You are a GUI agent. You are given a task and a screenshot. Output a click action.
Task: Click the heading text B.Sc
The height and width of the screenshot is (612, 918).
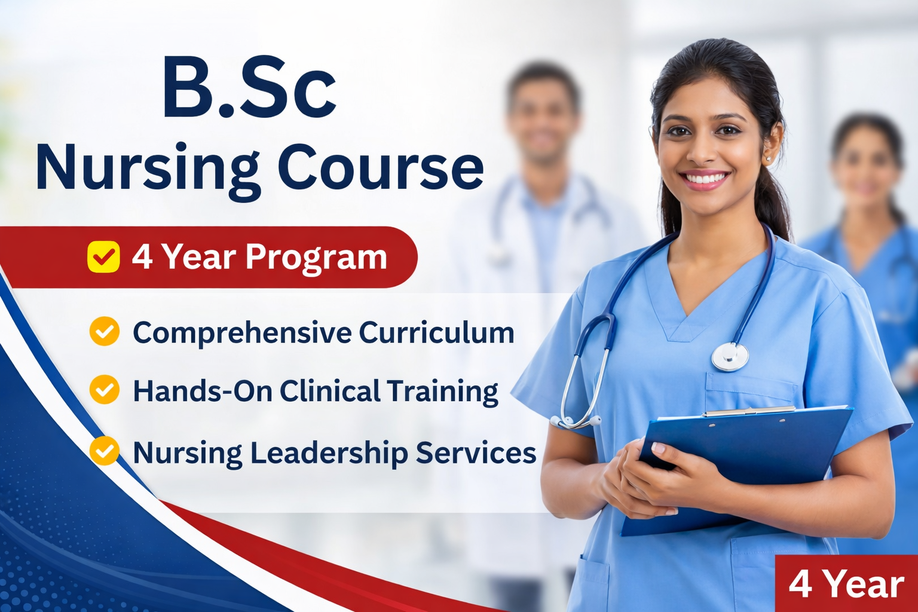click(x=249, y=88)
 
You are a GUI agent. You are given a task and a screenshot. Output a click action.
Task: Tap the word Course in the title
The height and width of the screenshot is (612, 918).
click(x=381, y=166)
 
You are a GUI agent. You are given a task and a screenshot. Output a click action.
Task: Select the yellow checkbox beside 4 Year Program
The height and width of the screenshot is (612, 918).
click(x=103, y=257)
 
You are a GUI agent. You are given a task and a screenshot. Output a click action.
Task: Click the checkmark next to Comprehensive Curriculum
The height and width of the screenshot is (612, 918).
click(x=105, y=331)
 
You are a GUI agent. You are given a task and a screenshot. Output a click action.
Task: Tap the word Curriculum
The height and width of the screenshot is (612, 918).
click(x=436, y=332)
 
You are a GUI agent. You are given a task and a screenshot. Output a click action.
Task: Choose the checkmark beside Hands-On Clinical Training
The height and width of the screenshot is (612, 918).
click(x=105, y=390)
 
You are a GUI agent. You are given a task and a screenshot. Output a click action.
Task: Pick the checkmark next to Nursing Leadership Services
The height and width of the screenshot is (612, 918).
click(x=105, y=451)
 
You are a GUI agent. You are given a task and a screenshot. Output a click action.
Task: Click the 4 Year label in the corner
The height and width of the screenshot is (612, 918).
click(x=846, y=584)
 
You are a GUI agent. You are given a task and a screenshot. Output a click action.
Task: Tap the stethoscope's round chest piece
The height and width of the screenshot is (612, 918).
click(x=730, y=357)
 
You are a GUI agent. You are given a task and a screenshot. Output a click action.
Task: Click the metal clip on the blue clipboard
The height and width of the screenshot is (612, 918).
click(x=748, y=411)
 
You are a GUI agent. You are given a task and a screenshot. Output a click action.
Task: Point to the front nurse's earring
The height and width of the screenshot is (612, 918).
click(x=767, y=158)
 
